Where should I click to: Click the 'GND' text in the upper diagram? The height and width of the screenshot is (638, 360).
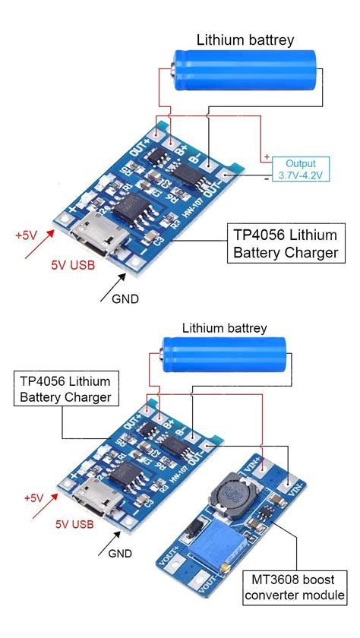point(125,298)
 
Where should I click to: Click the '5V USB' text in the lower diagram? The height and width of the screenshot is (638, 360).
point(74,524)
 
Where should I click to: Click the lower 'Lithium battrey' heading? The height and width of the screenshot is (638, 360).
point(224,328)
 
